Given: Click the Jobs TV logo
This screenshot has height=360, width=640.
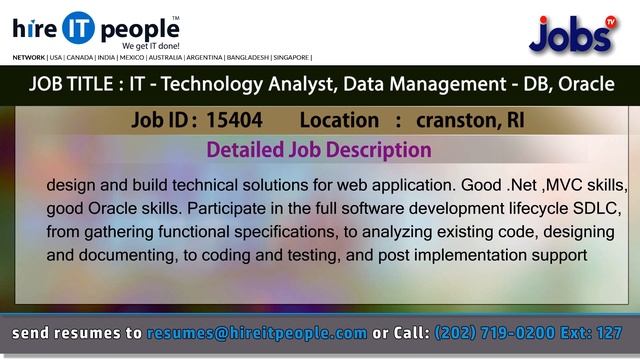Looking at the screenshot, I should pos(571,34).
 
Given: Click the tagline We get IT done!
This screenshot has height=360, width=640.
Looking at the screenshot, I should pos(150,46).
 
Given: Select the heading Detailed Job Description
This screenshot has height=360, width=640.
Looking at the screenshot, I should pos(318,150).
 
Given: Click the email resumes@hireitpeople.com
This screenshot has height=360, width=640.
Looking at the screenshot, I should pos(257,331).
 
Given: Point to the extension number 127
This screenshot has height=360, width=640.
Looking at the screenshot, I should pos(612,331).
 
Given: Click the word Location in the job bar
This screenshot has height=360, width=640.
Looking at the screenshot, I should pos(339,121).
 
